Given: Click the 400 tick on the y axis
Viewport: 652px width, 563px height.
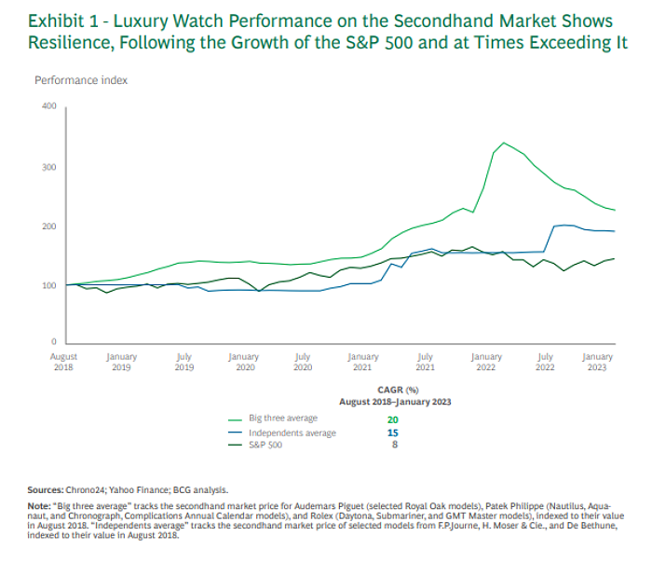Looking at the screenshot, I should [x=48, y=106].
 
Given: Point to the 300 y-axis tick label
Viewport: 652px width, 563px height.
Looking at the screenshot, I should [x=48, y=168].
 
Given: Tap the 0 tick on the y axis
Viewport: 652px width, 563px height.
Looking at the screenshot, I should [x=54, y=343].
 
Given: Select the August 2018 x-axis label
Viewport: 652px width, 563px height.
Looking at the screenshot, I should [x=64, y=362].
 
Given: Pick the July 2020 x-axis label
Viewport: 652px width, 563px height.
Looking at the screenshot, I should [x=303, y=362].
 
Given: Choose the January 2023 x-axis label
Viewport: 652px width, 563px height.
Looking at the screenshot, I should [x=597, y=362].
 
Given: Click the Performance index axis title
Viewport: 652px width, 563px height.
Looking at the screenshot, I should [x=81, y=80].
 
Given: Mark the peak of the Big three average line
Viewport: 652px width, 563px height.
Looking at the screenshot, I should [x=504, y=143].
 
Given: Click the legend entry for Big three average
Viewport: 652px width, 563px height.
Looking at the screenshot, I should [x=283, y=419].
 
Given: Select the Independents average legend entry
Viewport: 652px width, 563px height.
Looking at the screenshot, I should [x=292, y=433].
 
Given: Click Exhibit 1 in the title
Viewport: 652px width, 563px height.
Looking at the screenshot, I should [x=71, y=21].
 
